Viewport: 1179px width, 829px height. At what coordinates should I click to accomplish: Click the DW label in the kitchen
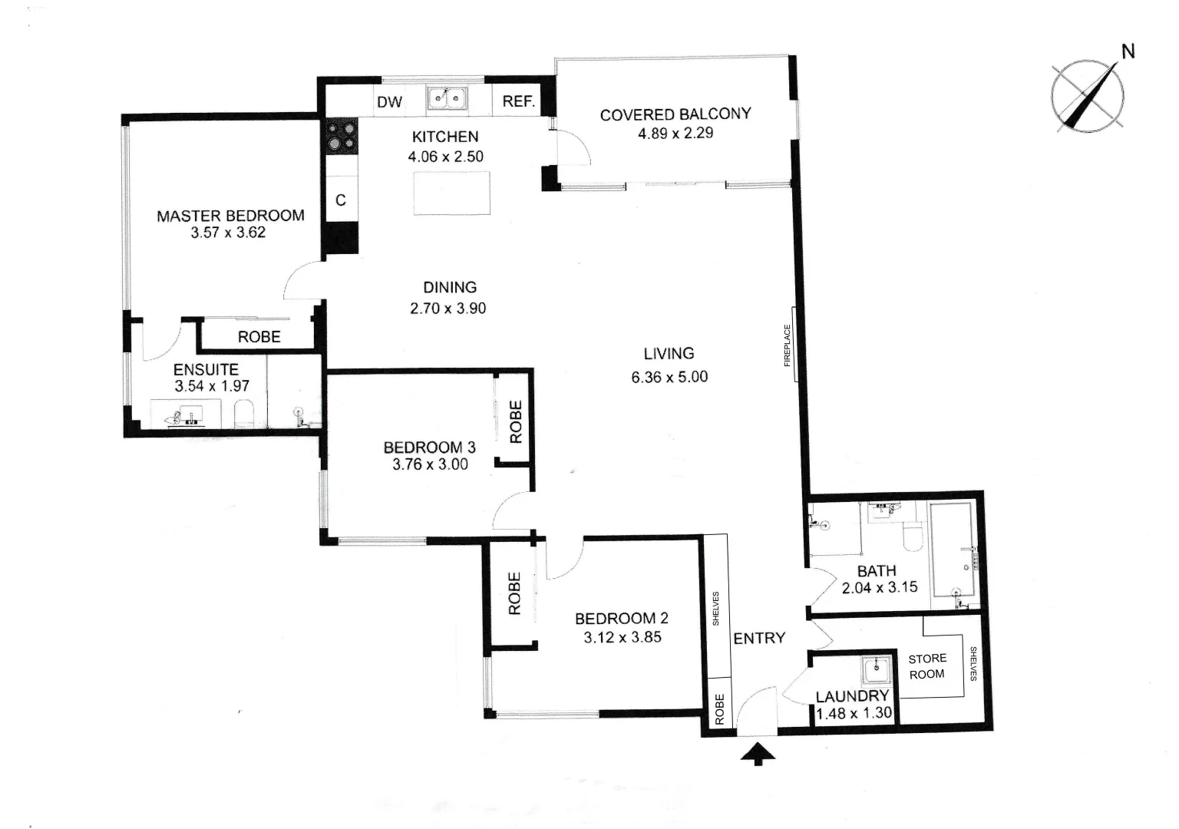tap(390, 102)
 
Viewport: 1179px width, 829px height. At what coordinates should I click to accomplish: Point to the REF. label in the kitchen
tap(518, 101)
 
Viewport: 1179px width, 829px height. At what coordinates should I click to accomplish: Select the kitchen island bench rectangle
tap(452, 194)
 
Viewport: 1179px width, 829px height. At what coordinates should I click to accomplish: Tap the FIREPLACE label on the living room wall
tap(787, 345)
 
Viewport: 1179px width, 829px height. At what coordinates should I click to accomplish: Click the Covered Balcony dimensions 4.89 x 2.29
tap(675, 133)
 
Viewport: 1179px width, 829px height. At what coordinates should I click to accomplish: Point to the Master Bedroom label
tap(230, 216)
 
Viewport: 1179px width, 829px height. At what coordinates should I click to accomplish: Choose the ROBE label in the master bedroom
tap(259, 337)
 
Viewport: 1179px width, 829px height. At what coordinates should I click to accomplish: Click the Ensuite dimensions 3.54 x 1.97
tap(212, 386)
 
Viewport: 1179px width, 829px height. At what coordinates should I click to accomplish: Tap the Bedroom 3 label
tap(429, 448)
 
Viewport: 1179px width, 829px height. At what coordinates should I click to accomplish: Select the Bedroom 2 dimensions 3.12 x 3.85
tap(623, 636)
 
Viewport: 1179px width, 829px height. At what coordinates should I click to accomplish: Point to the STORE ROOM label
tap(927, 666)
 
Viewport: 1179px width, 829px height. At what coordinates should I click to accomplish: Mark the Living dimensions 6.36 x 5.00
tap(669, 377)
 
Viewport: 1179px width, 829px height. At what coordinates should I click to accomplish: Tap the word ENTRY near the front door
tap(759, 638)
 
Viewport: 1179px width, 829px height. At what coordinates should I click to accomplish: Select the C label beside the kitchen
tap(341, 200)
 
